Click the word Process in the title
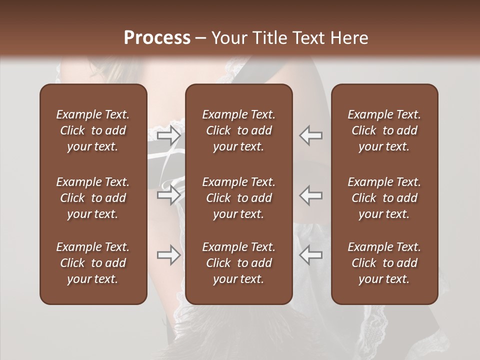pos(157,37)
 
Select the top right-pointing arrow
pos(169,135)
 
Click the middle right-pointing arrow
pos(169,195)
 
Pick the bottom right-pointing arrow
pos(169,255)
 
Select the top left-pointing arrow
pos(311,135)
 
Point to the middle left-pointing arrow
pos(311,195)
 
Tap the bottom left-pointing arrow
pos(311,255)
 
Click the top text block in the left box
pos(93,130)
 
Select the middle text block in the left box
pos(93,198)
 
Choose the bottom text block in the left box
pos(93,263)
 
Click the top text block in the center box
pos(239,130)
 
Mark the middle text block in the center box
pos(239,198)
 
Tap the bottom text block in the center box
pos(239,263)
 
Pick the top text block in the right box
pos(384,130)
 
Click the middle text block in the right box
pos(384,198)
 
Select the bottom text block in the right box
pos(384,263)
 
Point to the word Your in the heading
pos(230,37)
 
